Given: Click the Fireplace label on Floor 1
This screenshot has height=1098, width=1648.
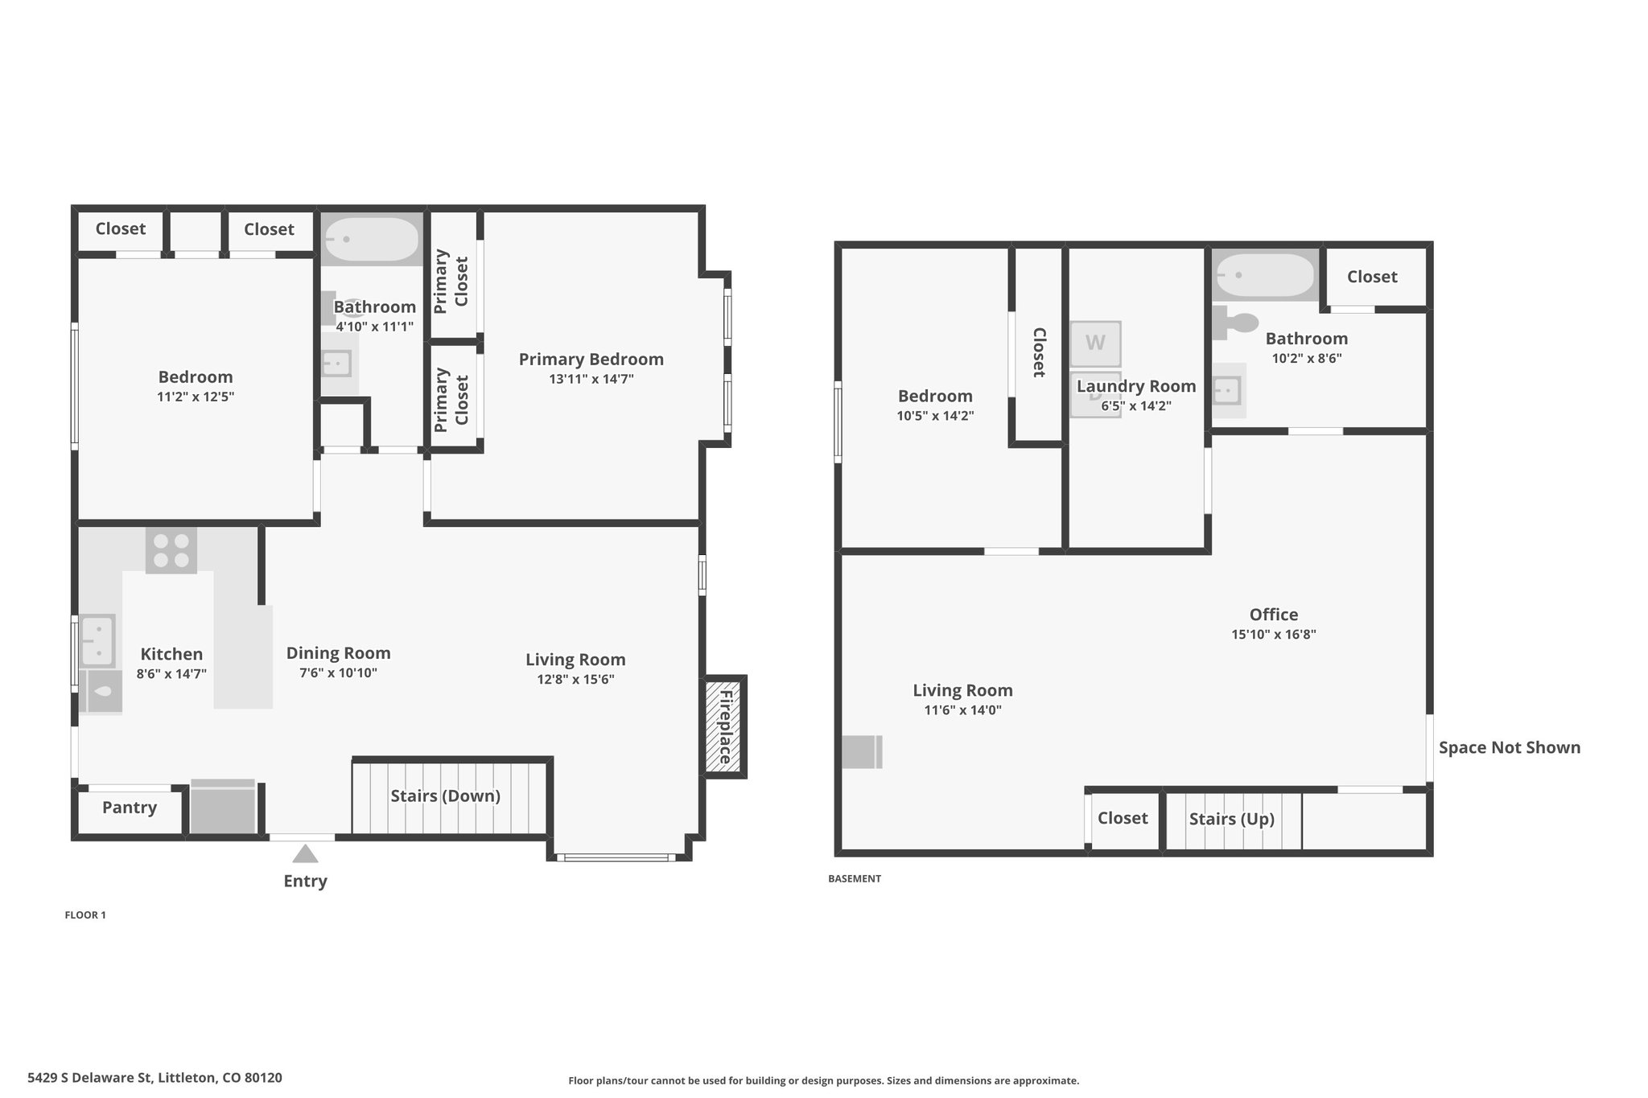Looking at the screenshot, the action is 725,727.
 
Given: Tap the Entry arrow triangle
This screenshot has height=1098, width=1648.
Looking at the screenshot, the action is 304,853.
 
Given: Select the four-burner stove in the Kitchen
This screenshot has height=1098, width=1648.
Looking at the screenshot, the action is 171,550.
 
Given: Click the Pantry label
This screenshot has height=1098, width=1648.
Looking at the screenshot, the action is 130,808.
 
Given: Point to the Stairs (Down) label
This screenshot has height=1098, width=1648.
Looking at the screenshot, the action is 446,796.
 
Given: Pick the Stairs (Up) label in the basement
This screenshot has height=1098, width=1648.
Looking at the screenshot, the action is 1232,819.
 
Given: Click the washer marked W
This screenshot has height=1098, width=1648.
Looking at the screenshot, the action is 1095,343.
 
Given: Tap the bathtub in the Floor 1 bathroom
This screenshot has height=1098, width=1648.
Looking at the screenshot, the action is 372,239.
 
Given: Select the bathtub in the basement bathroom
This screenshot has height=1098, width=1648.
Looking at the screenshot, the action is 1265,275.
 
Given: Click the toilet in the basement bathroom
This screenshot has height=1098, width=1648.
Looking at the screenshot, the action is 1236,323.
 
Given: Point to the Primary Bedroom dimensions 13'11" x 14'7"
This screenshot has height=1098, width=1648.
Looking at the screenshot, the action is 591,379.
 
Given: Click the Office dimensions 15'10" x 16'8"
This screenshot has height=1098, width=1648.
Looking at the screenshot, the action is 1274,634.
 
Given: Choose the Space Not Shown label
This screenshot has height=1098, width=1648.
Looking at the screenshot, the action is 1510,747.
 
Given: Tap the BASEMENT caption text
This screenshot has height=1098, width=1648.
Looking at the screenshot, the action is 855,878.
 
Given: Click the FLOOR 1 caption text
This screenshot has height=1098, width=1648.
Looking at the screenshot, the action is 85,915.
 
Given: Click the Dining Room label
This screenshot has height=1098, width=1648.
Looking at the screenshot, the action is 338,653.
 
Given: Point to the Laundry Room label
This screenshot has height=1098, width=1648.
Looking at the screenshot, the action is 1136,386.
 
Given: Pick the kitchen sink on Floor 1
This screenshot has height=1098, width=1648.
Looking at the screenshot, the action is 97,640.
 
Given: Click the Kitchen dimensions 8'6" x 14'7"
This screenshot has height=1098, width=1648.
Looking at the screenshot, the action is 171,674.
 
